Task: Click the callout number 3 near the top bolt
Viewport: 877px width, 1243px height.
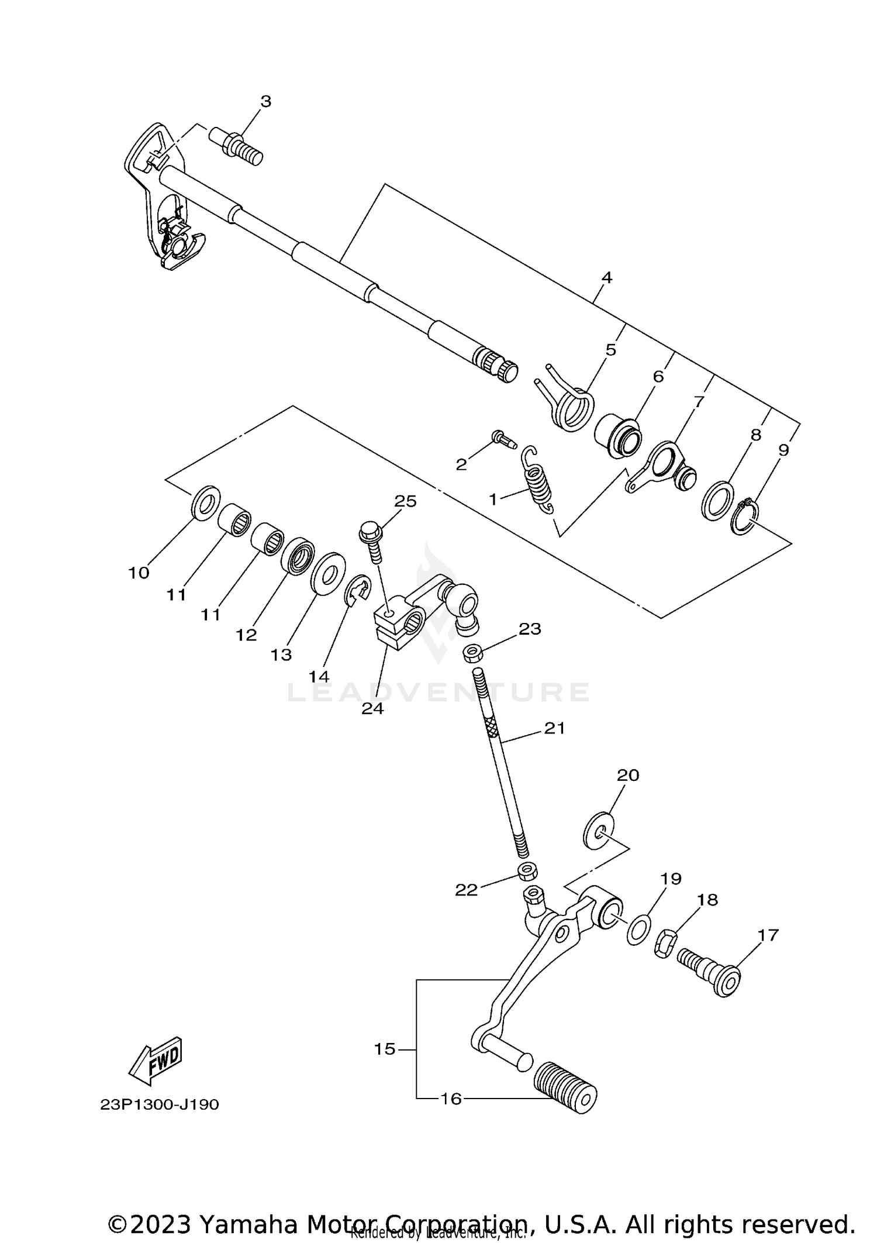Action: pos(265,102)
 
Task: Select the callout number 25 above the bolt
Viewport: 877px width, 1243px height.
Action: pos(405,501)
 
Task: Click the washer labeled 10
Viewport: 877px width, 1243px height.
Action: pos(205,501)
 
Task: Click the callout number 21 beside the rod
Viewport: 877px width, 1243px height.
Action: pos(554,728)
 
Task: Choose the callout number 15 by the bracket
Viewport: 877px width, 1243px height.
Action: pos(385,1049)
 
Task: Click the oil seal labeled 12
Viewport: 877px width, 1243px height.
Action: pos(298,555)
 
